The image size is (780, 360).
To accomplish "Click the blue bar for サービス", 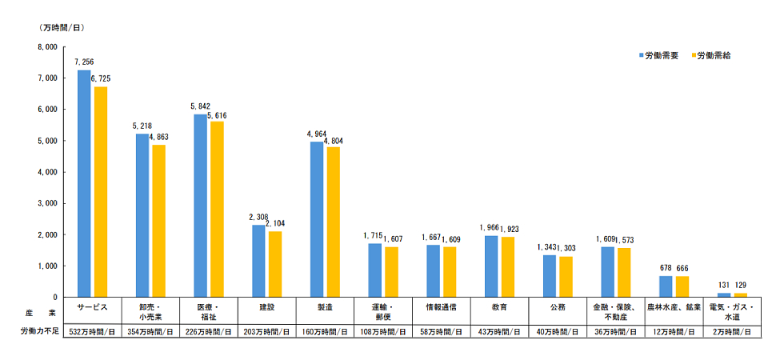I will click(84, 184).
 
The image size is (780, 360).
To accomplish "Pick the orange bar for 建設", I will click(275, 264).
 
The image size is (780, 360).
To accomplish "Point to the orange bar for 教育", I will click(508, 267).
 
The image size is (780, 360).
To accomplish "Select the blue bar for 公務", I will click(550, 276).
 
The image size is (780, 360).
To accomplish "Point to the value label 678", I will click(665, 268).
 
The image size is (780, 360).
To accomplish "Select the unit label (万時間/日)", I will click(62, 28).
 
